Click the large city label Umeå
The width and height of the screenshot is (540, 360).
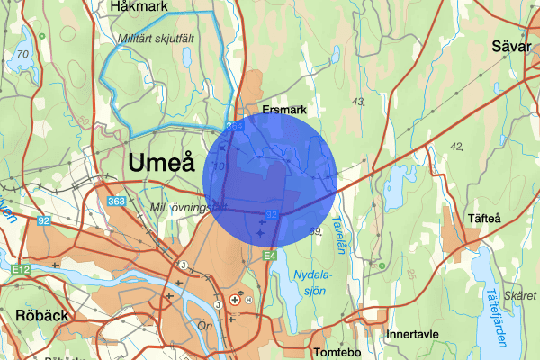161,164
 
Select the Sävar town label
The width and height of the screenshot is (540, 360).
513,47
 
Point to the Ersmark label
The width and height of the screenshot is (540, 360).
284,110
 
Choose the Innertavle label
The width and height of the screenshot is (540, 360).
412,334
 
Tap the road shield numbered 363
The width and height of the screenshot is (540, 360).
115,202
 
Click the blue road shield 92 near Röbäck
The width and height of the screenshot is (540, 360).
44,219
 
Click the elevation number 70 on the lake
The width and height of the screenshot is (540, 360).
22,55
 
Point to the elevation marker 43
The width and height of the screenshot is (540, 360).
360,101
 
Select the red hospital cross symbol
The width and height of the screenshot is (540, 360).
236,298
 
